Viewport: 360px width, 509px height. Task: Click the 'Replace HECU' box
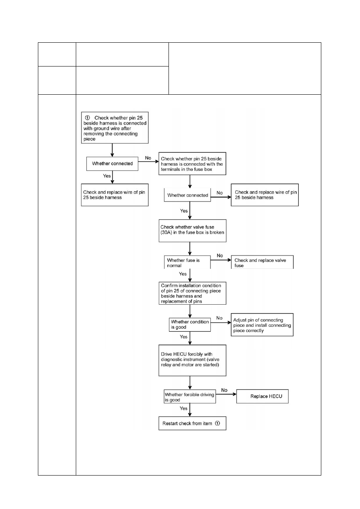point(262,396)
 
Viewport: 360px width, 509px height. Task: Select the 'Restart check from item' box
point(192,423)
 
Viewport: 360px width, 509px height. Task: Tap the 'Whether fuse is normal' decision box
point(187,262)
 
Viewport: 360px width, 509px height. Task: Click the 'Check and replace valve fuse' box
point(262,262)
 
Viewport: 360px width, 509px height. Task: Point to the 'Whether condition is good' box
point(190,324)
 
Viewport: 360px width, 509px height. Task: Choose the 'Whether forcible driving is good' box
point(190,397)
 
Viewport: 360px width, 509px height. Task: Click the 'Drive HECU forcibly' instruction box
point(192,360)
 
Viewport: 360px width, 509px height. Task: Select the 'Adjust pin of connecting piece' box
point(262,325)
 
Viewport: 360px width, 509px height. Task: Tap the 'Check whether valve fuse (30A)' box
point(193,231)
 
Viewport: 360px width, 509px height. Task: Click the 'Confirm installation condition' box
point(192,293)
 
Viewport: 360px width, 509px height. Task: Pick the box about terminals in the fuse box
point(192,164)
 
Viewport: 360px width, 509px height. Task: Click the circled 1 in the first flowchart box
point(87,118)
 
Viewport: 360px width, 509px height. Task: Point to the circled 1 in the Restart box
point(218,423)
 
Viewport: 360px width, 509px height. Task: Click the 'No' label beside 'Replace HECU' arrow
point(224,390)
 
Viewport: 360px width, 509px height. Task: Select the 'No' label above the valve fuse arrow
point(220,256)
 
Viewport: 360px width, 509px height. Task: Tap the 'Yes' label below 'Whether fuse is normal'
point(183,274)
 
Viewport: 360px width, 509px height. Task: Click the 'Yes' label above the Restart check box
point(183,408)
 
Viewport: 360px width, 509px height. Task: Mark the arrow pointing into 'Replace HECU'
point(226,394)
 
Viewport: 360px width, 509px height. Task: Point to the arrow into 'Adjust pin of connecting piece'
point(221,322)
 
